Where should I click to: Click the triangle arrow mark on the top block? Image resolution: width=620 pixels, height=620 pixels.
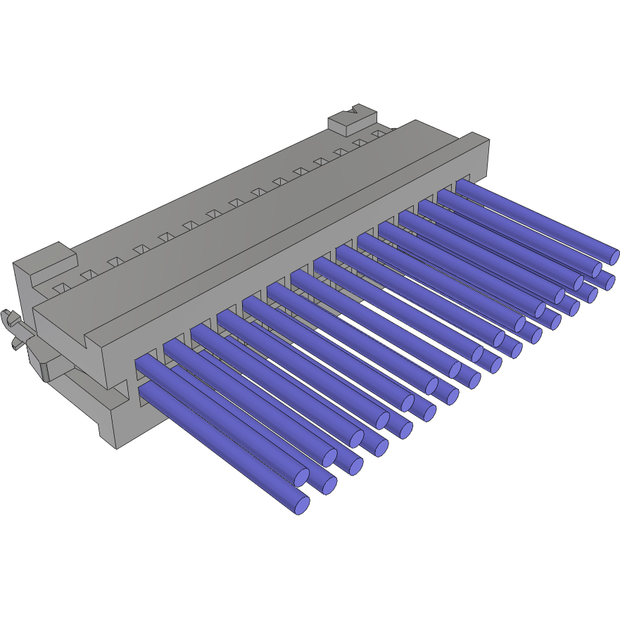pyautogui.click(x=354, y=110)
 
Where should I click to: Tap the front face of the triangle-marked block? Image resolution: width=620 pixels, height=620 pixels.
pyautogui.click(x=339, y=127)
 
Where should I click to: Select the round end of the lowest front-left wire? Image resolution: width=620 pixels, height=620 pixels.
pyautogui.click(x=301, y=503)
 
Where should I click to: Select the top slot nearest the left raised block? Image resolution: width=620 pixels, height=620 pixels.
pyautogui.click(x=61, y=287)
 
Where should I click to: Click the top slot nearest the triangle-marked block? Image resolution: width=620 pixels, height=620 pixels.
pyautogui.click(x=380, y=132)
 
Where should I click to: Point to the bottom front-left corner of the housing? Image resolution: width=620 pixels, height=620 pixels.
pyautogui.click(x=116, y=448)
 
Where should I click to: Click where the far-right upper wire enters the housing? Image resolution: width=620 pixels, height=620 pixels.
pyautogui.click(x=462, y=185)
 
